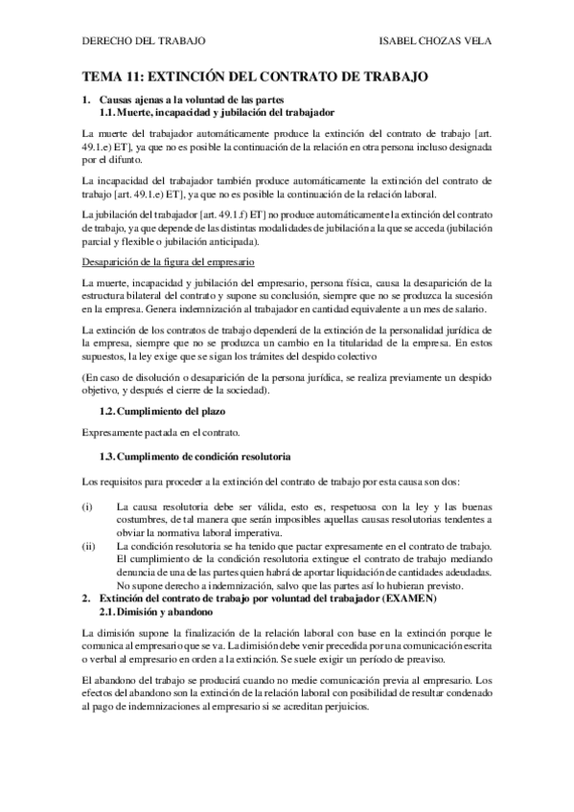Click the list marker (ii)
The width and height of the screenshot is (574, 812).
click(x=89, y=545)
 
